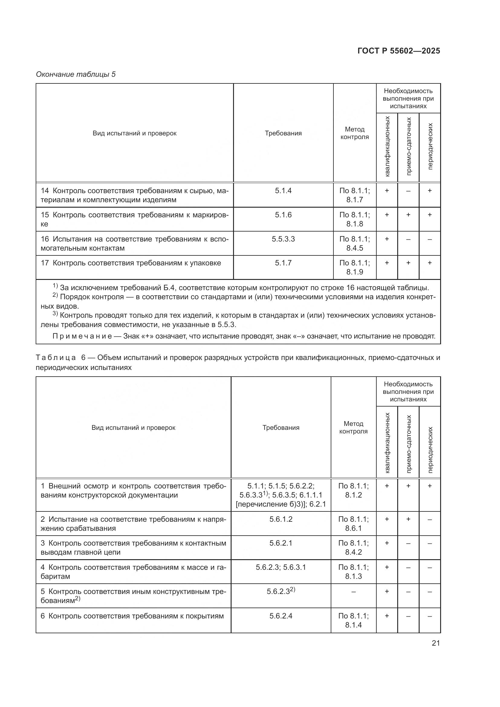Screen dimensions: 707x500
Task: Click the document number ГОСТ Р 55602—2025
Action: tap(399, 51)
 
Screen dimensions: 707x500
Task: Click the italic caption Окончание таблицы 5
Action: tap(76, 74)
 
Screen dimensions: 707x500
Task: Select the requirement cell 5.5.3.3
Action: tap(283, 239)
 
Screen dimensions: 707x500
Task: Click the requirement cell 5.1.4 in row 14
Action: tap(283, 191)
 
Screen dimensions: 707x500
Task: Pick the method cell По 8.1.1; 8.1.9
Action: tap(354, 267)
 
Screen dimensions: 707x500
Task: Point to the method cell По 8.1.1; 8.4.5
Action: tap(354, 243)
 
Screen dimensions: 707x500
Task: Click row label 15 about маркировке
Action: tap(135, 219)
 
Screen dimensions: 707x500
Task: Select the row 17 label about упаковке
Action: tap(131, 263)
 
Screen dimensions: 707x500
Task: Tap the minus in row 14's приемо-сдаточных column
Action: tap(408, 191)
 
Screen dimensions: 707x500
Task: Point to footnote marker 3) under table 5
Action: tap(55, 314)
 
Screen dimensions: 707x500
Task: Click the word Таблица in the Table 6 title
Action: tap(56, 358)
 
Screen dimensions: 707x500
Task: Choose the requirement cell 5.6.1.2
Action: tap(281, 519)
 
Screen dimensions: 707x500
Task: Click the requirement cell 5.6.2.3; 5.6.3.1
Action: tap(281, 567)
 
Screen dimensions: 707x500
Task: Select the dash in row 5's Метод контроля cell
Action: tap(353, 592)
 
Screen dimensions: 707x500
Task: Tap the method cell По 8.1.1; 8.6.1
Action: tap(353, 524)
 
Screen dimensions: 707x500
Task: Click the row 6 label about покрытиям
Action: tap(132, 616)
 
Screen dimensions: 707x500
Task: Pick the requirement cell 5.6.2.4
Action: tap(281, 616)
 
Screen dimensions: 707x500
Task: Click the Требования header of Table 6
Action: tap(281, 428)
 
